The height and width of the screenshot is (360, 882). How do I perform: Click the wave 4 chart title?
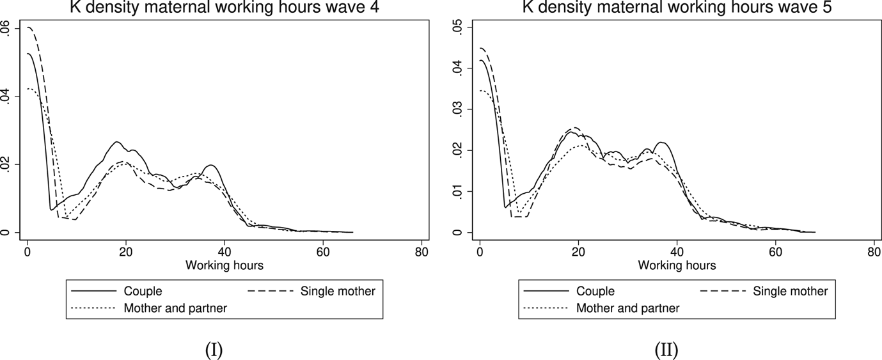click(x=223, y=7)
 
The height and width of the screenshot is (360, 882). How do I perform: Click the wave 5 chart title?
click(x=676, y=7)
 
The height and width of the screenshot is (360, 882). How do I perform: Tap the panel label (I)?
click(x=213, y=350)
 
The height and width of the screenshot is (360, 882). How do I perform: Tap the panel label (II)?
click(x=666, y=350)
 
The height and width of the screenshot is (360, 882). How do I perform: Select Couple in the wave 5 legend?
click(x=595, y=291)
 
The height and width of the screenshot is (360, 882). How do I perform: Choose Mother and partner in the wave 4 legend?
click(x=176, y=308)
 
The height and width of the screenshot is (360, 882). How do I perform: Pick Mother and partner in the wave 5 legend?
click(x=628, y=308)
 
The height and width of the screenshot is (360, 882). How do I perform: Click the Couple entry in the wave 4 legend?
click(x=143, y=291)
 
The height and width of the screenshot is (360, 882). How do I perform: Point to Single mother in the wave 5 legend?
click(x=790, y=291)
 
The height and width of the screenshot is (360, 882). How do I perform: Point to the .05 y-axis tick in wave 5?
click(x=457, y=27)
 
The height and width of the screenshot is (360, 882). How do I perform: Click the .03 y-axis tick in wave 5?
click(x=457, y=109)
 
